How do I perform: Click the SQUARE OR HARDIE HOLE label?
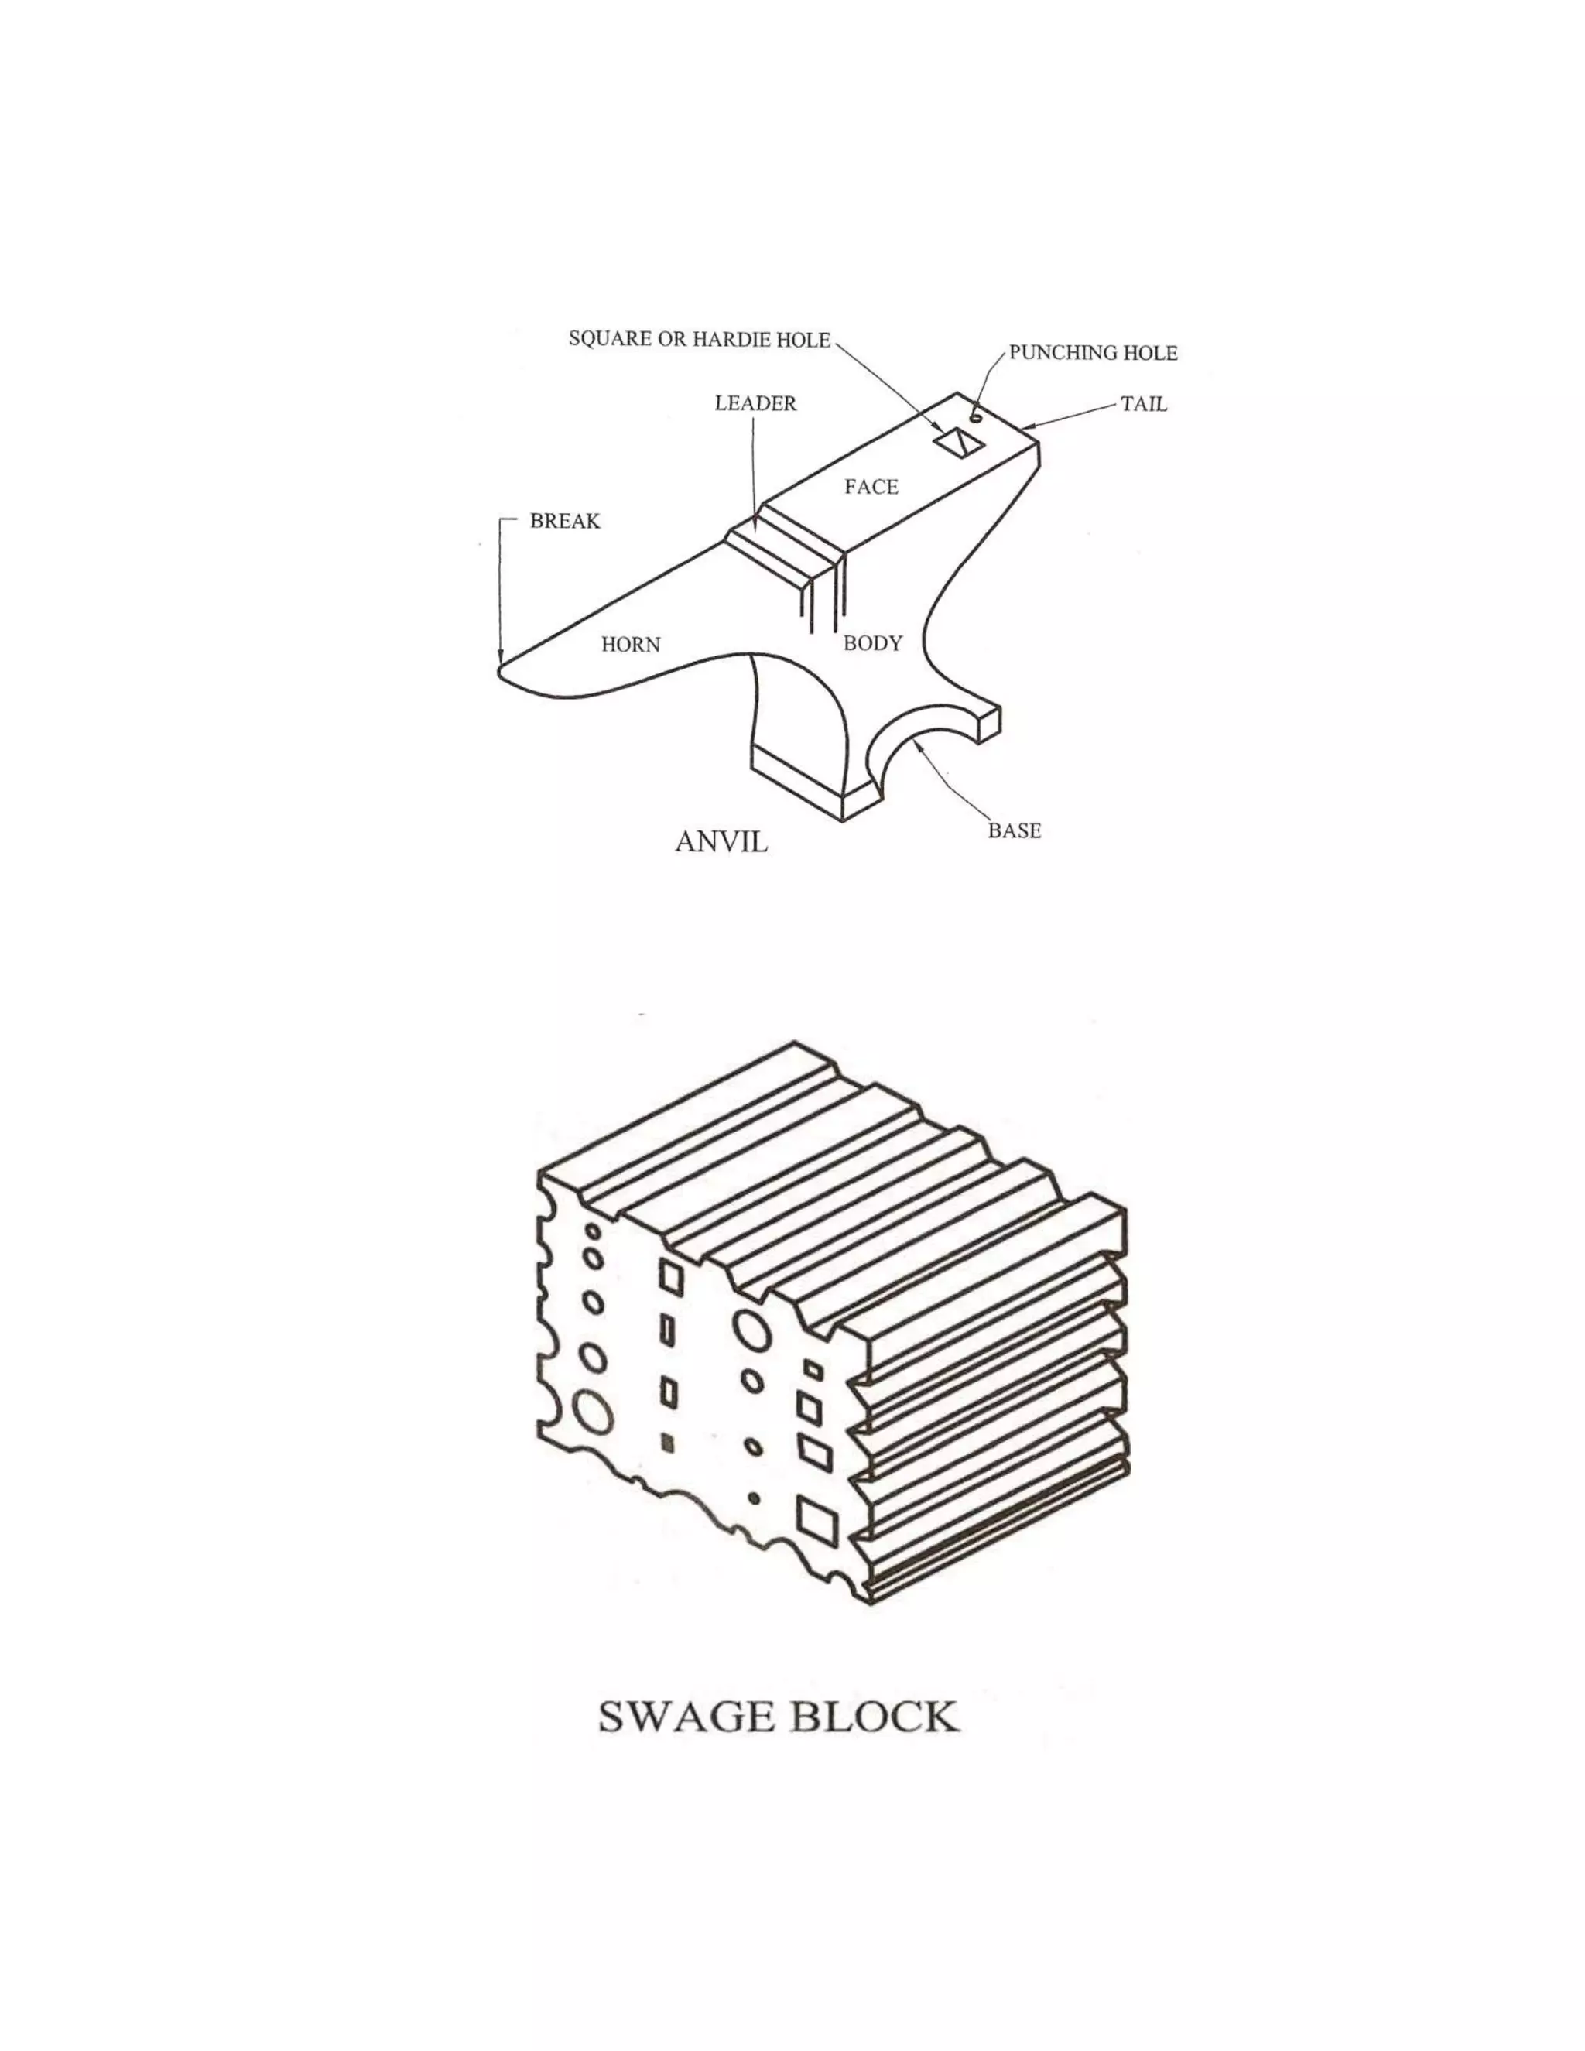(x=700, y=339)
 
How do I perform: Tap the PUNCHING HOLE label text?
(x=1093, y=353)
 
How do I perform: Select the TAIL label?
(x=1144, y=405)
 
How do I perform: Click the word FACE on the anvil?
(x=871, y=488)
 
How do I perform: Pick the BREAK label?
(x=564, y=521)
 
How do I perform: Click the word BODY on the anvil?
(x=872, y=644)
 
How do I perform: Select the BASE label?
(x=1014, y=831)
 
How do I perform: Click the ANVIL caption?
(x=721, y=841)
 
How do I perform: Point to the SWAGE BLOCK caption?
(x=779, y=1717)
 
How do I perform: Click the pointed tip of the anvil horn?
(x=498, y=669)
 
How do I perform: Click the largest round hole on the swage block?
(x=594, y=1412)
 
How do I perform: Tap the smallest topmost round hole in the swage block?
(x=593, y=1231)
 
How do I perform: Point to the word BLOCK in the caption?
(x=873, y=1717)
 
